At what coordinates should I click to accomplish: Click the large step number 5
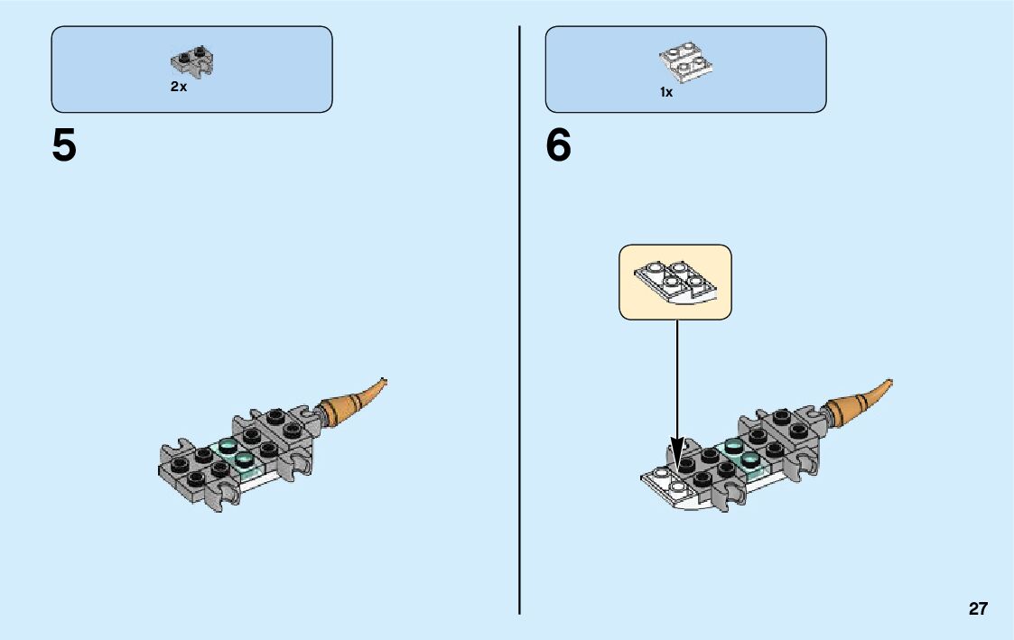pos(64,146)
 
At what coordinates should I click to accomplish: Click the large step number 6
pos(559,146)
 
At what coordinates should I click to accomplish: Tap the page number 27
pos(978,609)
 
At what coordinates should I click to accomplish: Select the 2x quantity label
pos(179,88)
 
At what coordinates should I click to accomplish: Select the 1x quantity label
pos(666,92)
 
